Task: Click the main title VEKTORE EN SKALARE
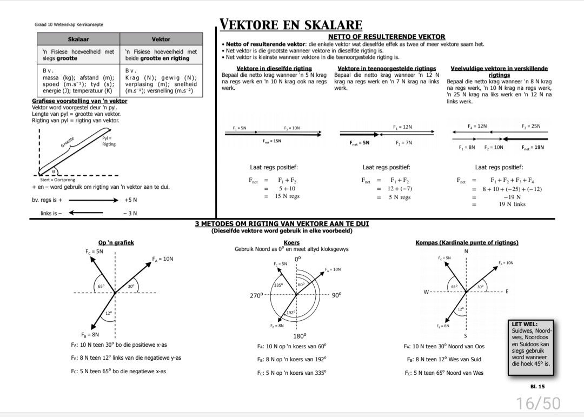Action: coord(291,25)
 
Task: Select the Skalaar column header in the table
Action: coord(78,39)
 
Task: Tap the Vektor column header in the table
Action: coord(161,39)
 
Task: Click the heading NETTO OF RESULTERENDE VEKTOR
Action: coord(387,37)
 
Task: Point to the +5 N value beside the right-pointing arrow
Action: coord(131,200)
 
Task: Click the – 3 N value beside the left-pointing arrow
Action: coord(130,213)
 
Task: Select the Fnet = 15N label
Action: coord(272,141)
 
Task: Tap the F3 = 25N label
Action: coord(531,126)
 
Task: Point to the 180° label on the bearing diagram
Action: coord(300,336)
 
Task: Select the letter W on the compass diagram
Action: coord(426,292)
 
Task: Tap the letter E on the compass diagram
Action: coord(507,292)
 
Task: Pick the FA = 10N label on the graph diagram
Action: coord(163,259)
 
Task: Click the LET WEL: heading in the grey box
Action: coord(525,325)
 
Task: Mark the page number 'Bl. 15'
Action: coord(537,387)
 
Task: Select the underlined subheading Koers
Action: coord(291,243)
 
